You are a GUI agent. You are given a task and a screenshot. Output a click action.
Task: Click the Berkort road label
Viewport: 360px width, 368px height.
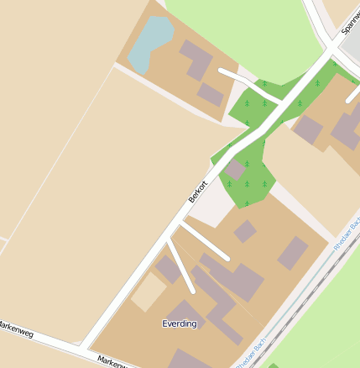(198, 192)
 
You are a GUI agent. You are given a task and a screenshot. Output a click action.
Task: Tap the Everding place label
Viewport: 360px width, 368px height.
(179, 323)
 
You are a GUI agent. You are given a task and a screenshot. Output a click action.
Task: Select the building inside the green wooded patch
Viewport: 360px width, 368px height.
(236, 171)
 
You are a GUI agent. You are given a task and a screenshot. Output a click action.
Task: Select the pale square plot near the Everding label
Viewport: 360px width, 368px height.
(149, 293)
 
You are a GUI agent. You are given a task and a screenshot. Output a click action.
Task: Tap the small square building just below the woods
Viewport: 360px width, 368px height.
(244, 231)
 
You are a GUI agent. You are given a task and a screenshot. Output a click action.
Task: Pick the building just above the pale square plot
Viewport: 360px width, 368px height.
(169, 269)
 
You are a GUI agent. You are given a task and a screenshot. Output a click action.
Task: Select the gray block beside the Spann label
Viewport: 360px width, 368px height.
(352, 42)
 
